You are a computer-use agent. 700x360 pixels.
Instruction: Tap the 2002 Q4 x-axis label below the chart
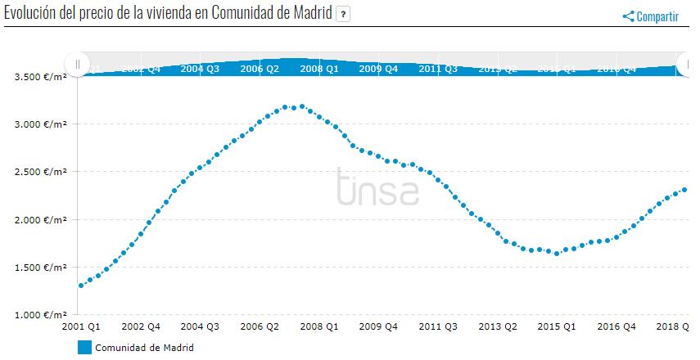(140, 326)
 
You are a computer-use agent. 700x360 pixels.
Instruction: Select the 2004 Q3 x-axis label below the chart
(200, 326)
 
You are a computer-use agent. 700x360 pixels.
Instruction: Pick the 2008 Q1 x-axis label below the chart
(319, 326)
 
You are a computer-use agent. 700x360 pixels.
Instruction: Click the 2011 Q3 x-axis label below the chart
(438, 326)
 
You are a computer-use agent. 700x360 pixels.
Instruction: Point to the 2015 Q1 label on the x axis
(557, 326)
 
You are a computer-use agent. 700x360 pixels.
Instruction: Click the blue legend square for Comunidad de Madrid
(84, 347)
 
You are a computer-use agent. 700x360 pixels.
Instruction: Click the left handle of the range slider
(77, 64)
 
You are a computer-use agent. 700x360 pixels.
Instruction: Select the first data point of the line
(81, 286)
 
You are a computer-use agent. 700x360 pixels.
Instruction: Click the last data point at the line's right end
(684, 190)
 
